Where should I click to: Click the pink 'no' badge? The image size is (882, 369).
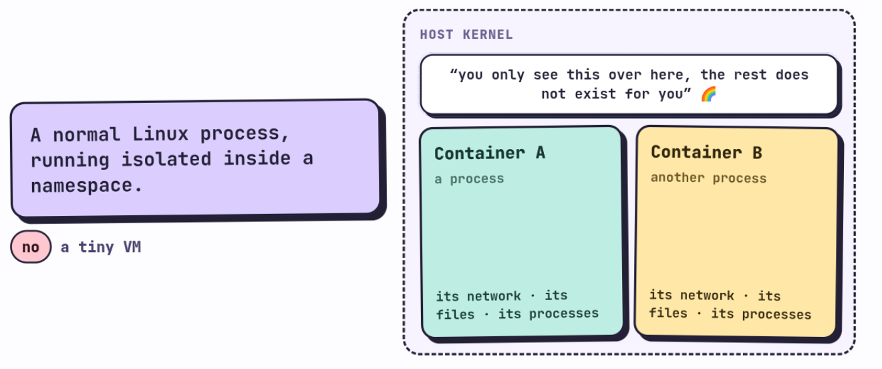coord(31,247)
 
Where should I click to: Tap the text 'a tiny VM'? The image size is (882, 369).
coord(101,247)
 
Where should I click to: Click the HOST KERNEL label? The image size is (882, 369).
coord(466,35)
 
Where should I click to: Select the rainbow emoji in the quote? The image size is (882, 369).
coord(708,94)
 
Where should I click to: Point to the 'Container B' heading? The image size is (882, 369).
coord(706,152)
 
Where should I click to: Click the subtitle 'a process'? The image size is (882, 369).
coord(469,179)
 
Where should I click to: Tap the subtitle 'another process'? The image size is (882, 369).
coord(708,178)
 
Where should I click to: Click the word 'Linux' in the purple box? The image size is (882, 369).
coord(160,134)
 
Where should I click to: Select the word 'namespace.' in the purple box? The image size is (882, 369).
coord(86,185)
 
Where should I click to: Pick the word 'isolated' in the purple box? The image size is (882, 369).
coord(166,159)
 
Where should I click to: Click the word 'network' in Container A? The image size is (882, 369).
coord(494,295)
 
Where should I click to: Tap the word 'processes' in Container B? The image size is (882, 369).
coord(776,314)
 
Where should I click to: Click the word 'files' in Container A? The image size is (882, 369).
coord(455,314)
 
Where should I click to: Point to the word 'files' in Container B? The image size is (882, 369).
coord(668,313)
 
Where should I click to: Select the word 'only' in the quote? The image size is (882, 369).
coord(508,75)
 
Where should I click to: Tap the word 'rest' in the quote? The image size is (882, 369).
coord(750,74)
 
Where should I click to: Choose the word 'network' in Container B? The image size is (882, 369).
coord(707,295)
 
